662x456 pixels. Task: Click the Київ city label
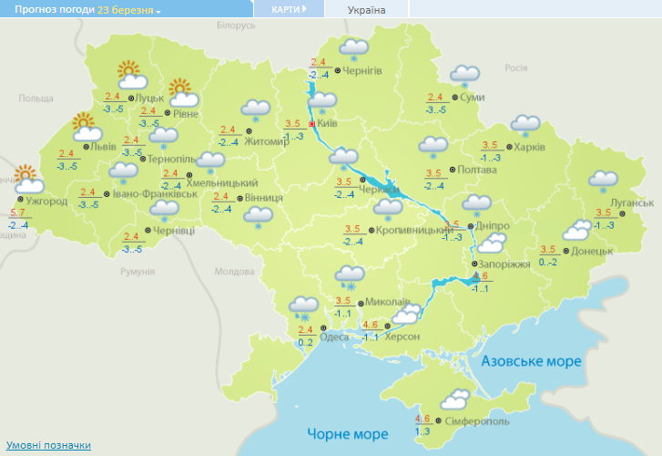(327, 124)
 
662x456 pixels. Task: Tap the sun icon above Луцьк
(131, 74)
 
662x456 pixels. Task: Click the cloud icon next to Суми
(465, 75)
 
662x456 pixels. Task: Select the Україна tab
(366, 10)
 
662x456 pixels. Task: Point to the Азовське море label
(531, 362)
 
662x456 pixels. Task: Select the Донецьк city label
(591, 250)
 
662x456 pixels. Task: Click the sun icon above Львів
(84, 123)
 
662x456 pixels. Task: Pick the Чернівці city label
(176, 232)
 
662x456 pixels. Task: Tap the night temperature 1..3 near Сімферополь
(422, 430)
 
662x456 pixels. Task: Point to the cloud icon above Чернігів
(353, 48)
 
